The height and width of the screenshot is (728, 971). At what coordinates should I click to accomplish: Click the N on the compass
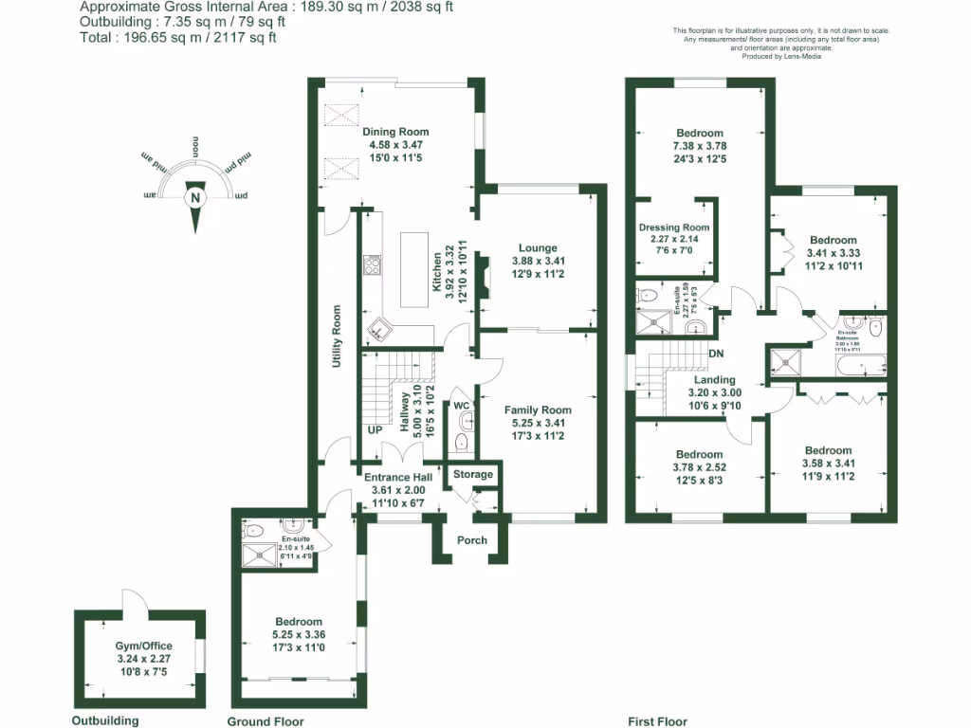pyautogui.click(x=194, y=199)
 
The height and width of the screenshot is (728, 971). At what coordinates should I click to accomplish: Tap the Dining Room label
pyautogui.click(x=395, y=132)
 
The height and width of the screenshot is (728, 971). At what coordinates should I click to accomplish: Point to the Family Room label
pyautogui.click(x=538, y=409)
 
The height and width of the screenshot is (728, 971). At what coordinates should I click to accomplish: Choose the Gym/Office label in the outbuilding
pyautogui.click(x=137, y=646)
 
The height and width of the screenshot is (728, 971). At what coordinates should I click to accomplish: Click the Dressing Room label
pyautogui.click(x=674, y=227)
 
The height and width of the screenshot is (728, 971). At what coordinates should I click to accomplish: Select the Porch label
pyautogui.click(x=472, y=540)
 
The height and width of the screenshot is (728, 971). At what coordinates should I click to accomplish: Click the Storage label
pyautogui.click(x=473, y=474)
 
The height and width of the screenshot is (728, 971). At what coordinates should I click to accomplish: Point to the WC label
pyautogui.click(x=462, y=406)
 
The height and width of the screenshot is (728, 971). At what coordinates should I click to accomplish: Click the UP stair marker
pyautogui.click(x=376, y=429)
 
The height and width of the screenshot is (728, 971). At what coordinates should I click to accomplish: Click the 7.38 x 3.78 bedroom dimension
pyautogui.click(x=700, y=146)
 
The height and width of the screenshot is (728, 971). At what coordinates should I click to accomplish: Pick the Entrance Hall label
pyautogui.click(x=398, y=477)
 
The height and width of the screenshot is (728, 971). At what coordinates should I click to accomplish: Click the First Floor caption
pyautogui.click(x=657, y=721)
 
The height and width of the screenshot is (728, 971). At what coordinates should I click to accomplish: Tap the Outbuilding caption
pyautogui.click(x=105, y=720)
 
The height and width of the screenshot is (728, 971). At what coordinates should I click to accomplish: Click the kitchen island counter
pyautogui.click(x=413, y=269)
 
